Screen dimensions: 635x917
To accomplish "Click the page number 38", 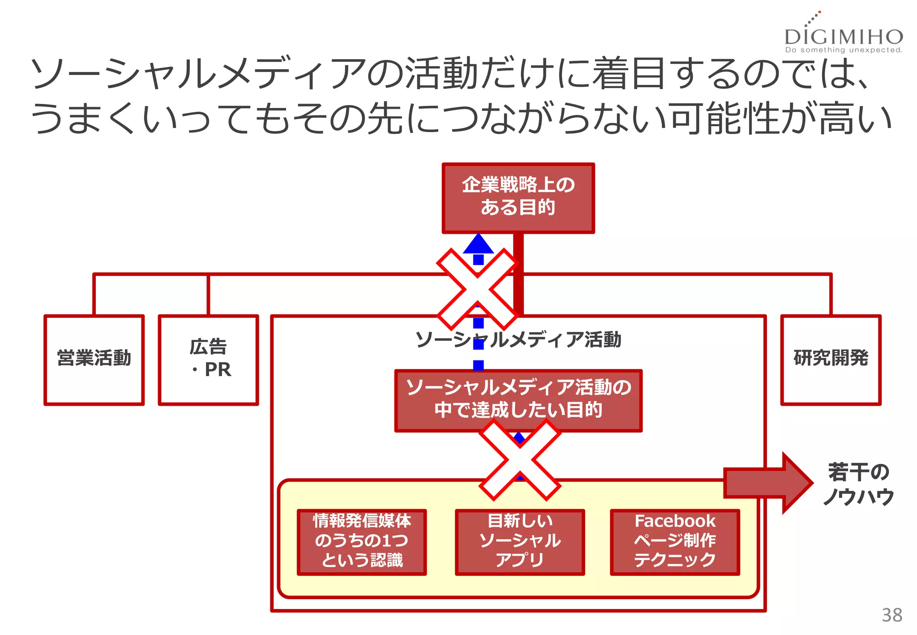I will [x=891, y=615].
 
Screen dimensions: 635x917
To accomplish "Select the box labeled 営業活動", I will [x=94, y=360].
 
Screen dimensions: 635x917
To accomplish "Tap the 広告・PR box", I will [x=208, y=360].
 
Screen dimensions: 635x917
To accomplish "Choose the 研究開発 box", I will [x=831, y=360].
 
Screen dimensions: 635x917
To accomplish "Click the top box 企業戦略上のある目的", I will [x=518, y=197].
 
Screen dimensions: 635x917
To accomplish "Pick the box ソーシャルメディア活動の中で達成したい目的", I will [x=518, y=400].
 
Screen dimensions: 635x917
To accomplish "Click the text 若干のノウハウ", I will [x=858, y=484].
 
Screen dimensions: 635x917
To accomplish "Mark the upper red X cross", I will [x=477, y=289].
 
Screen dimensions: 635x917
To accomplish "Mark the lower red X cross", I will [x=520, y=460].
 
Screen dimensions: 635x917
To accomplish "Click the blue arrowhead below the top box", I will [x=478, y=244].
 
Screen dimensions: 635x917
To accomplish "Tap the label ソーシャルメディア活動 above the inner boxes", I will [x=518, y=339].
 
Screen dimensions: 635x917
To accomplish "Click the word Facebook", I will [x=675, y=521].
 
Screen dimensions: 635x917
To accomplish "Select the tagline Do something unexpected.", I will [x=844, y=50].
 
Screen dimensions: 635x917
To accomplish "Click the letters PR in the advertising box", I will [x=218, y=370].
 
